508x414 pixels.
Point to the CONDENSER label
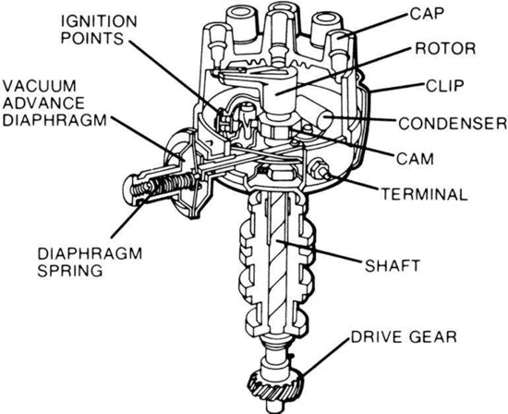453,122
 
